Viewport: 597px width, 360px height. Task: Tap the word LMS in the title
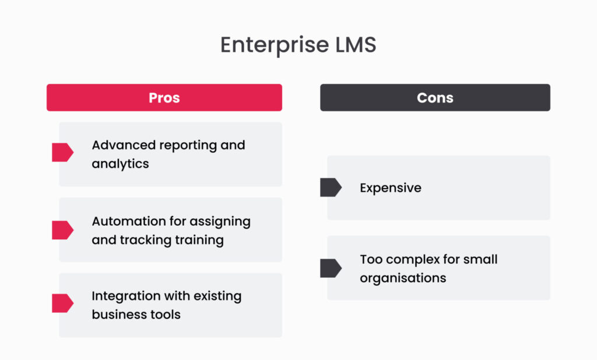[x=355, y=45]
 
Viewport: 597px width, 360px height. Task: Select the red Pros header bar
[x=164, y=97]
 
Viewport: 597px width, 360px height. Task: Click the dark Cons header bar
[x=435, y=97]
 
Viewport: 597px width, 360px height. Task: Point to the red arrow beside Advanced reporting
[x=62, y=152]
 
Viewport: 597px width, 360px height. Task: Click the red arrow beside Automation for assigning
[x=62, y=230]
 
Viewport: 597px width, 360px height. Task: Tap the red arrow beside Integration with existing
[x=62, y=303]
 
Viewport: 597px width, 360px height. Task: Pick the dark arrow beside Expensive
[x=331, y=187]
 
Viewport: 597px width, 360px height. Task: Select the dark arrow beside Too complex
[x=331, y=268]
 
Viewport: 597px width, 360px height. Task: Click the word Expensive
[x=390, y=188]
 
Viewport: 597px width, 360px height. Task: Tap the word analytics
[x=120, y=164]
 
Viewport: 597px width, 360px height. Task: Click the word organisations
[x=403, y=278]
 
